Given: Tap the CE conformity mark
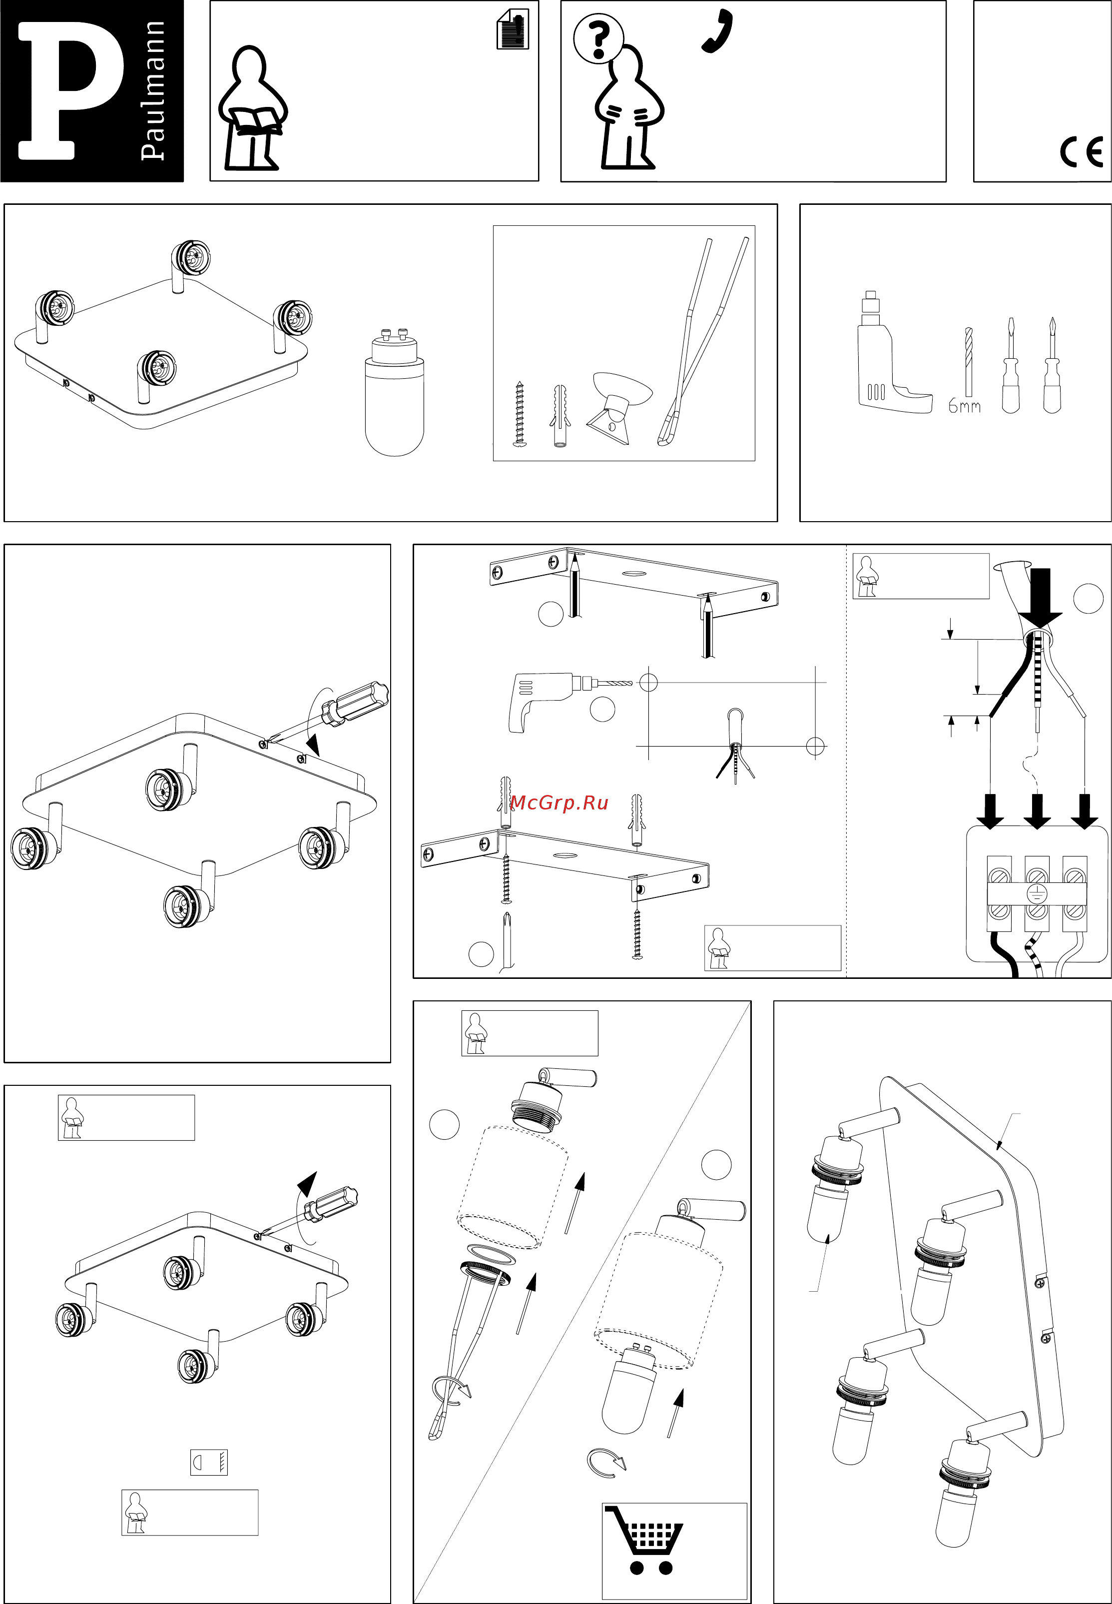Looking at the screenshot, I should pyautogui.click(x=1082, y=152).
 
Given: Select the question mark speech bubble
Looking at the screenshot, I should pyautogui.click(x=598, y=39).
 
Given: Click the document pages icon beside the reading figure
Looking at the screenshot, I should pyautogui.click(x=513, y=29).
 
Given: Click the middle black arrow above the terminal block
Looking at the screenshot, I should pyautogui.click(x=1037, y=810).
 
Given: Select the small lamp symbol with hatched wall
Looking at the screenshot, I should pyautogui.click(x=208, y=1462).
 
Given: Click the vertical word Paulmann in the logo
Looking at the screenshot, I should pyautogui.click(x=153, y=90).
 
